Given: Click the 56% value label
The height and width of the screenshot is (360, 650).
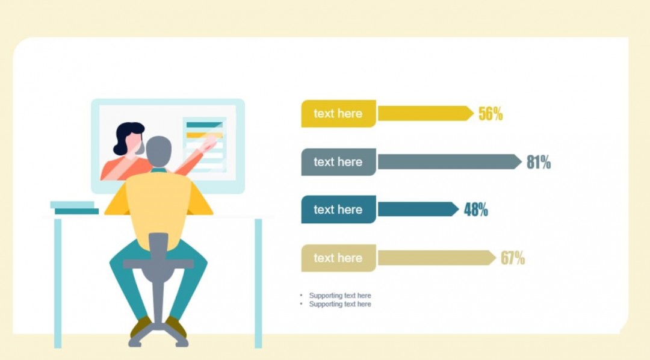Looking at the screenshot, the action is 491,114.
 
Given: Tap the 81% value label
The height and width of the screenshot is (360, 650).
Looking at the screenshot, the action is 539,162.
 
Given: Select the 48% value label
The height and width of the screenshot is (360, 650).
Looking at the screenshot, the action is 476,209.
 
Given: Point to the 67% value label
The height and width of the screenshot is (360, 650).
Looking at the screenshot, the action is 513,258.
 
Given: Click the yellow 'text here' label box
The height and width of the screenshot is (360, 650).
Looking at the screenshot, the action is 338,114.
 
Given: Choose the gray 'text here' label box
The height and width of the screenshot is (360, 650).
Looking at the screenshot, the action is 338,162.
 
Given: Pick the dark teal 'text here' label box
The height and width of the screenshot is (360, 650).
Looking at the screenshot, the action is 338,209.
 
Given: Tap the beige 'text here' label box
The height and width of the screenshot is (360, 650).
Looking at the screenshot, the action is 338,258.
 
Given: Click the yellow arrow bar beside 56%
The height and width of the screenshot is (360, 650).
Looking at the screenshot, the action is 426,114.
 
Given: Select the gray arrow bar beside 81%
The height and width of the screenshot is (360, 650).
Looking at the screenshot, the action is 450,162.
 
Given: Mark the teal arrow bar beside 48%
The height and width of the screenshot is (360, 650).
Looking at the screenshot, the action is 418,209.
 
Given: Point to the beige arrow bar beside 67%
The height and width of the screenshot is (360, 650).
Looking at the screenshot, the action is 437,258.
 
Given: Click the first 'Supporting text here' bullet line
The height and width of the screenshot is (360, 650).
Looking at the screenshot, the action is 340,296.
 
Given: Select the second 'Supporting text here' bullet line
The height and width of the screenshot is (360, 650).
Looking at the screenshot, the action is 340,304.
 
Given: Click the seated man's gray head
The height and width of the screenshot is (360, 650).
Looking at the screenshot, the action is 159,151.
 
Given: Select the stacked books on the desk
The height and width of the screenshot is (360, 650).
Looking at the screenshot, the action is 75,208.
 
